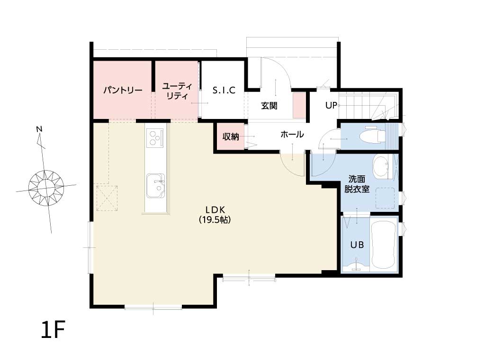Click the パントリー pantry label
pos(123,91)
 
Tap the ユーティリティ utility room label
pos(177,91)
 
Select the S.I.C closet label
pos(224,90)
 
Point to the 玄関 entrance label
pos(269,106)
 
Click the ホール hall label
pos(292,134)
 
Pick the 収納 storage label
pos(231,136)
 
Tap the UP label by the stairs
pos(331,106)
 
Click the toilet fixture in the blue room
pos(374,135)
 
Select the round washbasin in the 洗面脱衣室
pos(381,167)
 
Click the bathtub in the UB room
pos(383,245)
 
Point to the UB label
pos(357,245)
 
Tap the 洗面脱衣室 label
pos(357,184)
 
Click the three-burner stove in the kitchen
pos(155,137)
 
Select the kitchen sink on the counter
pos(156,186)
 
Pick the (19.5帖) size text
pos(215,219)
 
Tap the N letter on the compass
pos(39,129)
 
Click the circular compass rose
pos(46,188)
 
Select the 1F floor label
pos(53,330)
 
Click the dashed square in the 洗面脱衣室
pos(385,198)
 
